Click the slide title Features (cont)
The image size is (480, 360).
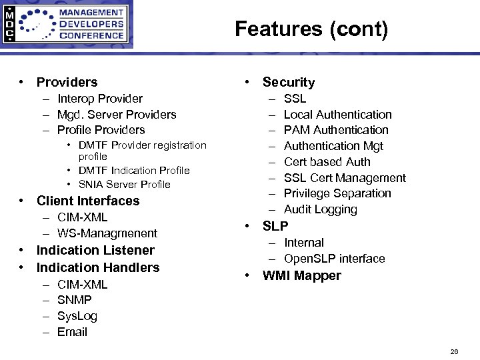tap(311, 29)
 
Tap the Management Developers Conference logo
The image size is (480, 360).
tap(66, 24)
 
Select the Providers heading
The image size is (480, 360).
tap(67, 82)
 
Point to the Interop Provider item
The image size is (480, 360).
tap(99, 99)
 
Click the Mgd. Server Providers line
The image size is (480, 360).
tap(117, 115)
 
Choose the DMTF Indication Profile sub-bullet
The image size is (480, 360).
tap(133, 171)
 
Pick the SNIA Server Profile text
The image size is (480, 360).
tap(124, 185)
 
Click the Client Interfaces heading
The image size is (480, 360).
tap(88, 201)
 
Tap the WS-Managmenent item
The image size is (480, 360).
tap(107, 233)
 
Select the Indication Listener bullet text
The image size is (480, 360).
tap(95, 250)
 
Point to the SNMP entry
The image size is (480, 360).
tap(74, 300)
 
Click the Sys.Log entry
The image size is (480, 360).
tap(77, 316)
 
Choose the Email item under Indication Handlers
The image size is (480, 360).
tap(72, 332)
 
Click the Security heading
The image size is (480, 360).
tap(289, 82)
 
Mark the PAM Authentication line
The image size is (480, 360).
tap(336, 130)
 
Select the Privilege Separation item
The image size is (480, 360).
tap(337, 193)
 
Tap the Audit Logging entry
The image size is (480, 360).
tap(320, 209)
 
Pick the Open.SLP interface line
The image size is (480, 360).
tap(334, 259)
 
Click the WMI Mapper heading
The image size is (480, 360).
tap(301, 275)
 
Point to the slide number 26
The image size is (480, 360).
tap(454, 351)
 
